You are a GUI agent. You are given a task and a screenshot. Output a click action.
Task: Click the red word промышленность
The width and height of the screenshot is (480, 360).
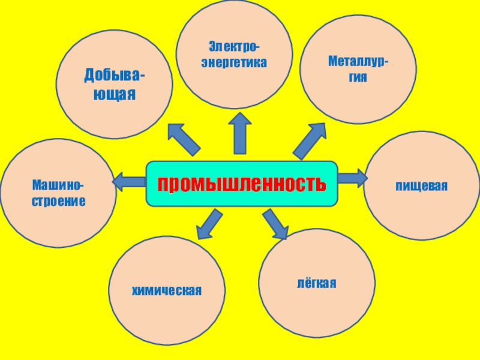[x=242, y=184]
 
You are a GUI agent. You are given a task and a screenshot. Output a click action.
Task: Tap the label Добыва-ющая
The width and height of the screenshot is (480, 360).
[x=114, y=85]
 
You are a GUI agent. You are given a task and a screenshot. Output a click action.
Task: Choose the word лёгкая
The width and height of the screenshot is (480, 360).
[x=316, y=283]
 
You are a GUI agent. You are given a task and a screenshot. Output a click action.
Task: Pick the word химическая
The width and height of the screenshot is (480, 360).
[x=167, y=291]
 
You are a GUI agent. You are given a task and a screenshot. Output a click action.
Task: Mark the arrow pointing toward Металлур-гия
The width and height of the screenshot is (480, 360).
[x=310, y=140]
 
